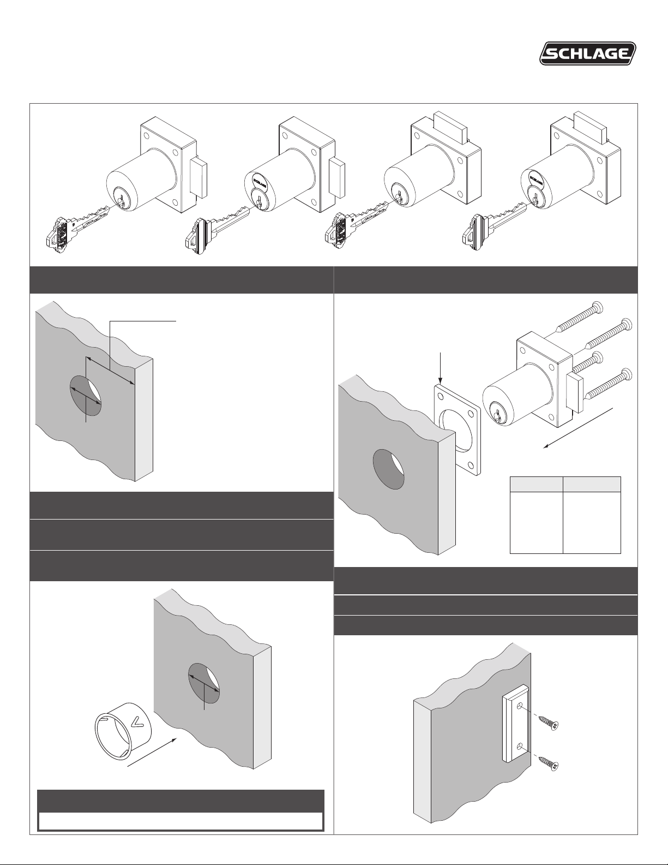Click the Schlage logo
588,53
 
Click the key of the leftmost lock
76,229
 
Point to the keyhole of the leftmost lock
121,200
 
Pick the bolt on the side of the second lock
337,178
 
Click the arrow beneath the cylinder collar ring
152,752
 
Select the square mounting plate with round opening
458,430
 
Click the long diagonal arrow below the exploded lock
579,428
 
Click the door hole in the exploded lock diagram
388,469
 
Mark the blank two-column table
565,515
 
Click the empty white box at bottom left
180,821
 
